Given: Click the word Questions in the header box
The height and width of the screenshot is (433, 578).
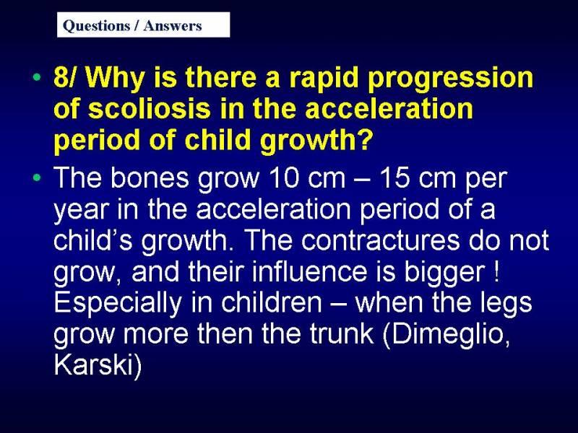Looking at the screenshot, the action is point(96,26).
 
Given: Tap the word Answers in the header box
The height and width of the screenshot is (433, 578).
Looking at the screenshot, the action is point(173,26).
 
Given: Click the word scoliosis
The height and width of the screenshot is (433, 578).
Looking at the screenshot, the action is point(150,109).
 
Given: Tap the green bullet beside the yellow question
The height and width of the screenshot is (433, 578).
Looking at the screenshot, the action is point(37,78).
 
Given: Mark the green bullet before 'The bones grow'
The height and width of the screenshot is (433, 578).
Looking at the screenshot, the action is point(37,178).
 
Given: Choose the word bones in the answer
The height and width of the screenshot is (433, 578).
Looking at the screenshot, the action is point(150,178).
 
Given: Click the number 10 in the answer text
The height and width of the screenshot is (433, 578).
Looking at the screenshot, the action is point(284,178).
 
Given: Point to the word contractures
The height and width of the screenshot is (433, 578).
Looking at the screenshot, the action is point(381,240).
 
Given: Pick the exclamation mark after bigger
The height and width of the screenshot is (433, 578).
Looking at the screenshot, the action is point(496,271).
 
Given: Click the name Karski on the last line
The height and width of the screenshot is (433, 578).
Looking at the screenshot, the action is point(93,364).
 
